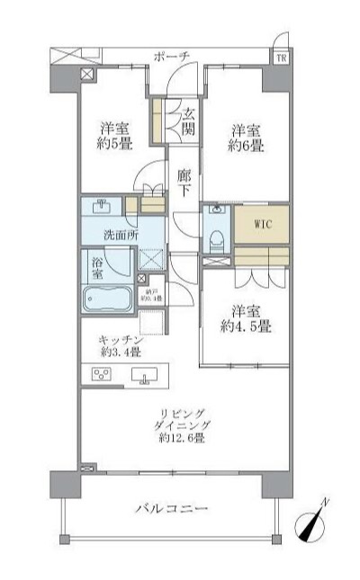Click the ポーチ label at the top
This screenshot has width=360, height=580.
coord(173,56)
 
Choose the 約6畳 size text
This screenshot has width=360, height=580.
coord(245,145)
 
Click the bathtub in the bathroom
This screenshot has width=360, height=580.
coord(106,299)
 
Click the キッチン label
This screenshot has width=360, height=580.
coord(120,340)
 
